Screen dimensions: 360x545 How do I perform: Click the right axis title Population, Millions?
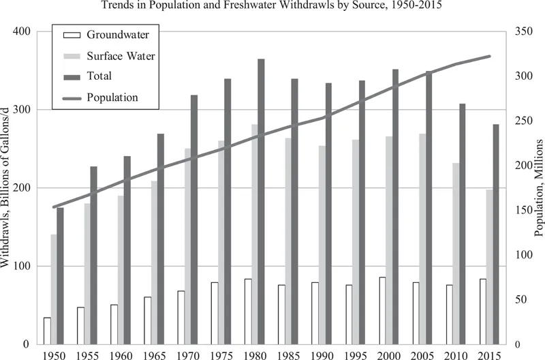(539, 187)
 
